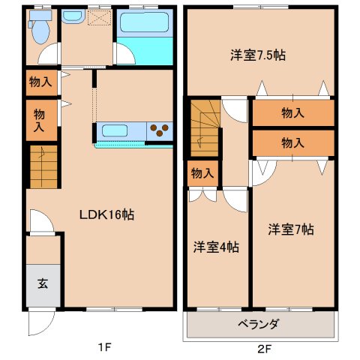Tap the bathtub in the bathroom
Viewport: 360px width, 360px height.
pos(144,22)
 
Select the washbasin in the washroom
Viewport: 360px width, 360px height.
pos(72,16)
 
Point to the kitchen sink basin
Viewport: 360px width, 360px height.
pos(114,130)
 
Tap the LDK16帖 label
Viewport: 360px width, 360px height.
pos(106,214)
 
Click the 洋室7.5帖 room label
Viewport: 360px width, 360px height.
pos(258,55)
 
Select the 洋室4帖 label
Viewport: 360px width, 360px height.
pos(216,247)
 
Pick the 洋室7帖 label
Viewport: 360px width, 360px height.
pos(291,229)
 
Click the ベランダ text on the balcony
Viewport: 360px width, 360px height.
pos(258,325)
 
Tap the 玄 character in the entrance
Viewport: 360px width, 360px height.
pos(43,284)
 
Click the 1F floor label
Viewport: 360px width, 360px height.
pos(104,347)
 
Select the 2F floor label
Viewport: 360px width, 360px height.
pos(265,349)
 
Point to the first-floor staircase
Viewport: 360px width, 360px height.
pos(43,166)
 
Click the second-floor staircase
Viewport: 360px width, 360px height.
pos(205,128)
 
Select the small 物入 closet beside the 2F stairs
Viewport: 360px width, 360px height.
pos(202,173)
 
